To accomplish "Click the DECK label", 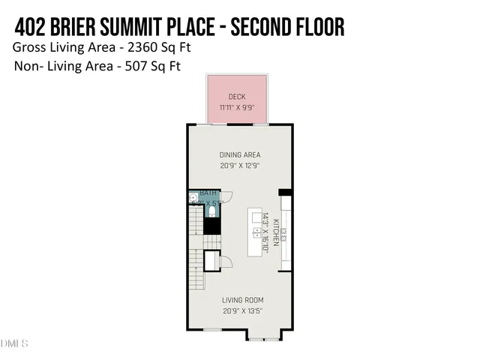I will [237, 97].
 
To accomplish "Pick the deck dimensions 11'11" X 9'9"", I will [237, 107].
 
